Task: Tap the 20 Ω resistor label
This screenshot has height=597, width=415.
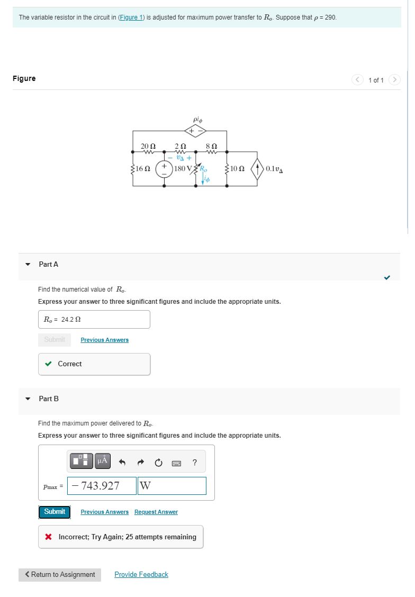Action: (148, 146)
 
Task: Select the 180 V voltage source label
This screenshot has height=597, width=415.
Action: (183, 169)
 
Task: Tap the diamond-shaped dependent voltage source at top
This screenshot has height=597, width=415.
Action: (195, 131)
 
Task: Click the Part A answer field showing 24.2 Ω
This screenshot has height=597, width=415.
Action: (94, 320)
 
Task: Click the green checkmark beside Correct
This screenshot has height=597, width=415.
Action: (49, 364)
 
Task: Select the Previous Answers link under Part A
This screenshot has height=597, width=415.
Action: (104, 340)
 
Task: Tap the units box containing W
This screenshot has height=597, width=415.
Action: (172, 486)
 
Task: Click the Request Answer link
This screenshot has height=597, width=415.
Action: (156, 512)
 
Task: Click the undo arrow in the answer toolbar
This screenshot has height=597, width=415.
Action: (122, 463)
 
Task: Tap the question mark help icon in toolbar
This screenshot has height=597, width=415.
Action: (195, 463)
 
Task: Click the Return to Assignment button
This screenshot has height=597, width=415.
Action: (60, 575)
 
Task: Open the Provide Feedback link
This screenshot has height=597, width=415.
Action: (141, 575)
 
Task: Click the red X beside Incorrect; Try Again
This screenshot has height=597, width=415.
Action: (49, 537)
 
